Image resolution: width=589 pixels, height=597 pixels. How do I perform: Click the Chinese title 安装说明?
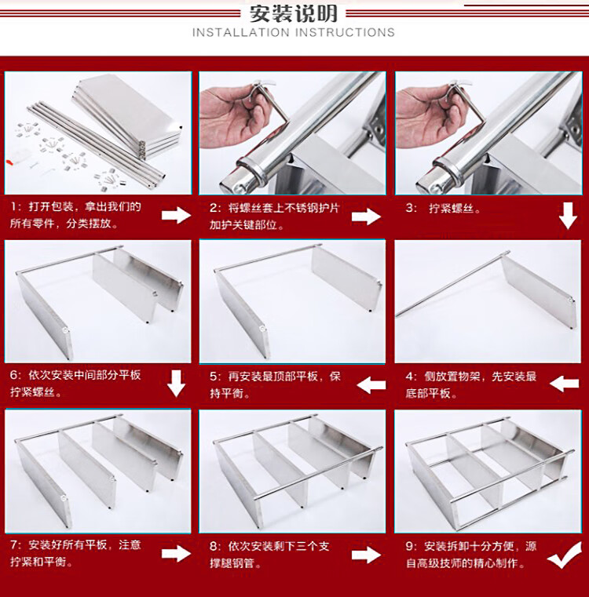(294, 14)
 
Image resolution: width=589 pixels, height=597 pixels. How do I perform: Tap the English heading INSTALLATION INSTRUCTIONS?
(294, 32)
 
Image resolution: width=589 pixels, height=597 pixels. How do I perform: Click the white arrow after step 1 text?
(176, 216)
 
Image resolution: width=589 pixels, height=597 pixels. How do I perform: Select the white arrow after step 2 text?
(366, 217)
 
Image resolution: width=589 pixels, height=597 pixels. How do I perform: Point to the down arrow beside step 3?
(568, 216)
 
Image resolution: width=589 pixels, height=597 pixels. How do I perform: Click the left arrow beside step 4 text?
(565, 384)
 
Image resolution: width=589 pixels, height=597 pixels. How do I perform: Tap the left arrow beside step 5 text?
(371, 385)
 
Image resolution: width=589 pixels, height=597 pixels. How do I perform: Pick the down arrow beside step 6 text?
(176, 384)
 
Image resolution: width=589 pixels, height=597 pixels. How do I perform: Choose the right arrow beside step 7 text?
(176, 553)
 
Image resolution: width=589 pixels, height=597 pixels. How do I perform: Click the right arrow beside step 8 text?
(366, 555)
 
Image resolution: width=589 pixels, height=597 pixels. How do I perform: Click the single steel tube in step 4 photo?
(452, 284)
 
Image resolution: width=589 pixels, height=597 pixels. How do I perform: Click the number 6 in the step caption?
(13, 376)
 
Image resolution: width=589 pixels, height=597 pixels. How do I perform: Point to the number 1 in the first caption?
(14, 207)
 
